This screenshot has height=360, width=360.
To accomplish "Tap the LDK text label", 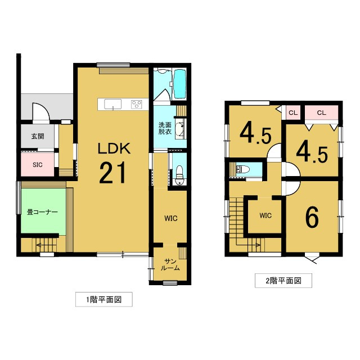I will click(114, 148).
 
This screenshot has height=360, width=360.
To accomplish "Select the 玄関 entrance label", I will click(38, 136).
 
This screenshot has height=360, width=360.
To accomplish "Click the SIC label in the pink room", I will click(37, 164).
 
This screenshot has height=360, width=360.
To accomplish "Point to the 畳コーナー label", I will click(42, 212).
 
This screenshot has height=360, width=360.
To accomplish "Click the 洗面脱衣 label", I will click(165, 128).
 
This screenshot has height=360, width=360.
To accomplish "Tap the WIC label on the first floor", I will click(171, 218).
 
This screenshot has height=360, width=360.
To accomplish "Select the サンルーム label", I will click(172, 265).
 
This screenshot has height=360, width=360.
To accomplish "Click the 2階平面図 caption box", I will click(283, 281).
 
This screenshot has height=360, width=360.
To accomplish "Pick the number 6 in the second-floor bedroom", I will click(312, 218).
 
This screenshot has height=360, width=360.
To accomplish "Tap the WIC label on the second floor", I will click(265, 215).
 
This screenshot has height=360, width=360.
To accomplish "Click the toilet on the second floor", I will click(244, 168).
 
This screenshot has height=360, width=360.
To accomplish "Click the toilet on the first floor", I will click(178, 175).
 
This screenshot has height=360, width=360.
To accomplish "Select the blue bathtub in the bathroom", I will click(180, 83).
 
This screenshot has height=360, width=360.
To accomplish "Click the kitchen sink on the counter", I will click(112, 103).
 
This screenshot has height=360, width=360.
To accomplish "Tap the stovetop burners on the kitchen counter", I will click(137, 103).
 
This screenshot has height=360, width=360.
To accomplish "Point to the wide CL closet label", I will click(321, 113).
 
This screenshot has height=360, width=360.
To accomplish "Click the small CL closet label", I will click(292, 113).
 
